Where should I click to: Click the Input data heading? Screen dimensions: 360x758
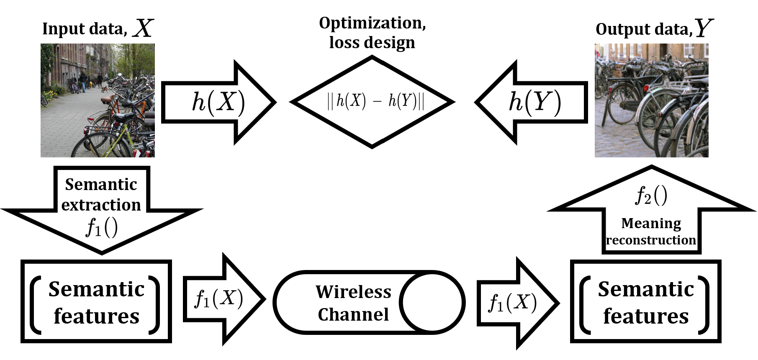pos(98,29)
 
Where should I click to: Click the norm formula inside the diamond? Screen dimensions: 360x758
pos(375,101)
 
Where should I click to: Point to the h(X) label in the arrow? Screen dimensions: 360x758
pos(218,102)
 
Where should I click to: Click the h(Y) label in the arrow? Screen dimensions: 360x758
pos(534,102)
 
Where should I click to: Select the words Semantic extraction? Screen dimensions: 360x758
pos(101,195)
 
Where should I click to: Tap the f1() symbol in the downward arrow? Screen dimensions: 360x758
pos(102,228)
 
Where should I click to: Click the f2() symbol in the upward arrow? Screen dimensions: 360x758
pos(651,195)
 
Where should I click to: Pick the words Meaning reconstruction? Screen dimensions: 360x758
pos(651,231)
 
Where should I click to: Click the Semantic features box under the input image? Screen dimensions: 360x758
pos(96,302)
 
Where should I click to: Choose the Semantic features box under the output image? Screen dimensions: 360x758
pos(645,302)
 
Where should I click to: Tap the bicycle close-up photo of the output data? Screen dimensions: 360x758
pos(651,100)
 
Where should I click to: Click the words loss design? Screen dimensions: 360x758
pos(372,43)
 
